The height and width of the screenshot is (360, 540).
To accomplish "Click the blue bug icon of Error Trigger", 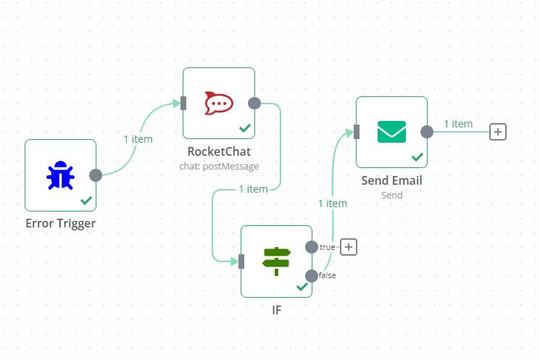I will coord(60,175).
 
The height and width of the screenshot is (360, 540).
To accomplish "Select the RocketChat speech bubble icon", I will coord(218,103).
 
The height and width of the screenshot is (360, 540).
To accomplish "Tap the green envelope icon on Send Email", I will coord(391,131).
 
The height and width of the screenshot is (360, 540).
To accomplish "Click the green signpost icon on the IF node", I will coord(276,261).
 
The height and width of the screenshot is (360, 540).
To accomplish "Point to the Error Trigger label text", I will coord(60,223).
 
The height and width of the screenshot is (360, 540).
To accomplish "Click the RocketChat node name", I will coord(219,151).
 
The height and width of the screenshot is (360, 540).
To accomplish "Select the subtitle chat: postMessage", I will coord(219,166).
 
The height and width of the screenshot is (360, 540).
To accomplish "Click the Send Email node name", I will coord(391,180).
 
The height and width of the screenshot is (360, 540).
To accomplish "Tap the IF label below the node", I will coord(276,309).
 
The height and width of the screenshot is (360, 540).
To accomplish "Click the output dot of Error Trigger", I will coord(96,175).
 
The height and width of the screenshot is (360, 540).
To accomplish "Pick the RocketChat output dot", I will coord(254,103).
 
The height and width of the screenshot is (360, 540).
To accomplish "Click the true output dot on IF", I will coord(312,247).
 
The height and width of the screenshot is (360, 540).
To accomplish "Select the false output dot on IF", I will coord(312,275).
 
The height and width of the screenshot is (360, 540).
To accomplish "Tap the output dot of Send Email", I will coord(427,131).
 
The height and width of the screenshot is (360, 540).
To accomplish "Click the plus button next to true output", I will coord(349,247).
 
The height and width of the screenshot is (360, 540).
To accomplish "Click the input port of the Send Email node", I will coord(357,131).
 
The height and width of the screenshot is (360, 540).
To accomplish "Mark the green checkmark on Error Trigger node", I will coord(86,200).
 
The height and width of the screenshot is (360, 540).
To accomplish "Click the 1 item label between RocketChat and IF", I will coord(253,189).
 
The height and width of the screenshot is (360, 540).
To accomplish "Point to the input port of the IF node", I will coord(241,261).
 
